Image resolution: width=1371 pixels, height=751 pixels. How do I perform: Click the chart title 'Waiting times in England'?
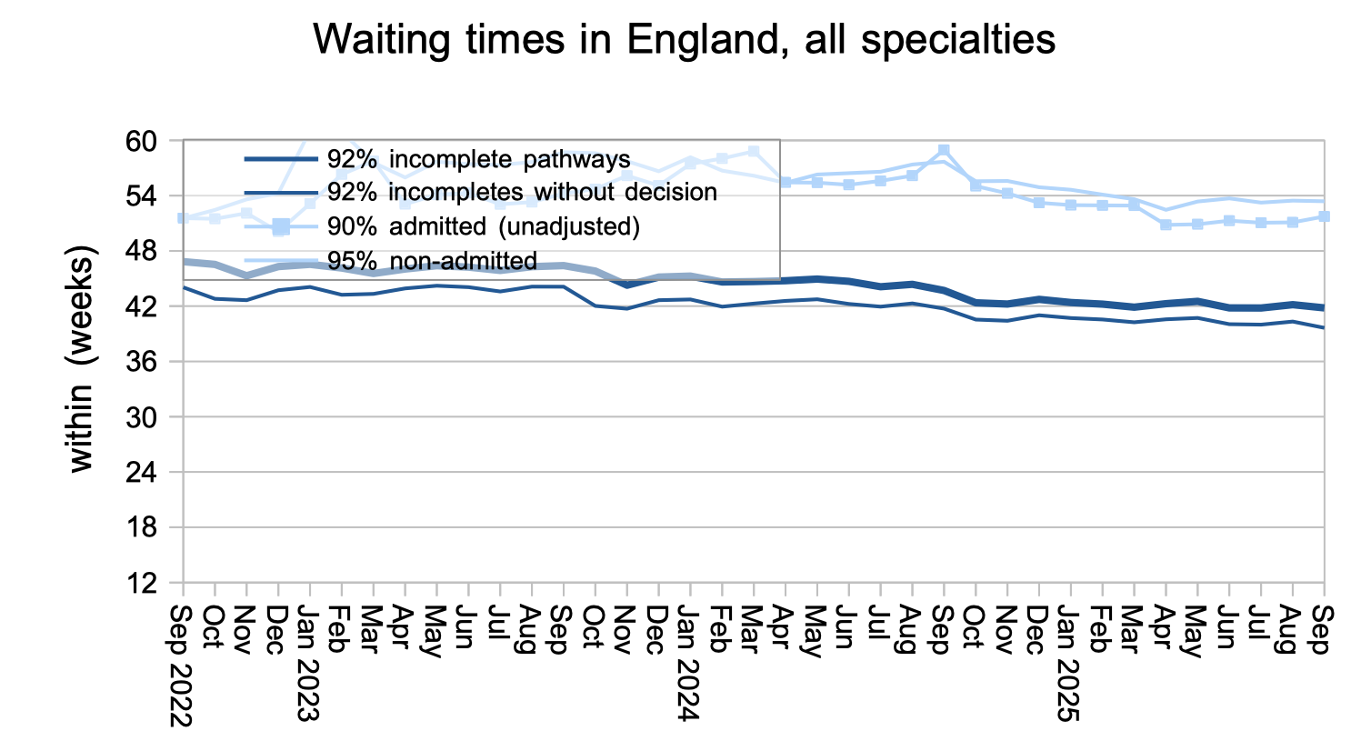click(x=684, y=40)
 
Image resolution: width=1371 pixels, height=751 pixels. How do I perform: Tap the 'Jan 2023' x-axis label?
click(x=310, y=663)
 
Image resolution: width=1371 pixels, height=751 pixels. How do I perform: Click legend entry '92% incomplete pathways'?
click(x=478, y=159)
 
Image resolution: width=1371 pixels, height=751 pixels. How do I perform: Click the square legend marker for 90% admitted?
click(x=281, y=226)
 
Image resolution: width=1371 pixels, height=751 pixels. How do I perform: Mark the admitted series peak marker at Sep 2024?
click(x=944, y=150)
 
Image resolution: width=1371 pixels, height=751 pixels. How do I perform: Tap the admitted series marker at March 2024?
click(x=753, y=152)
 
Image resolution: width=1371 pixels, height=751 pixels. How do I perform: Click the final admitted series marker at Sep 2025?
click(x=1324, y=216)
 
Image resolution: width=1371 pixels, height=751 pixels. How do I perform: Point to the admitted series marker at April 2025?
click(x=1166, y=225)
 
